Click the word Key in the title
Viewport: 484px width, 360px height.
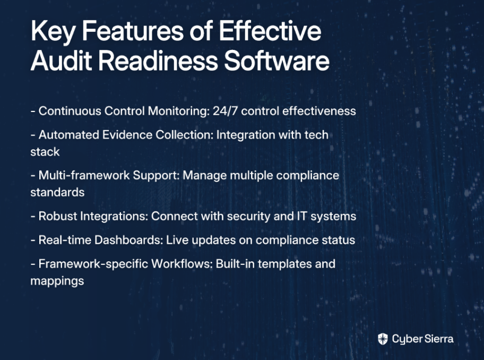pyautogui.click(x=53, y=32)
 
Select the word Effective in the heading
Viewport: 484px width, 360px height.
pyautogui.click(x=270, y=31)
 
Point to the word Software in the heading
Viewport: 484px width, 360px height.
pyautogui.click(x=277, y=61)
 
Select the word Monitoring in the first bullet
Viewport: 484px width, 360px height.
pyautogui.click(x=179, y=111)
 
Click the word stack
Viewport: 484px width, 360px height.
pyautogui.click(x=45, y=152)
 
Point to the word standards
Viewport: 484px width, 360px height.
pyautogui.click(x=57, y=192)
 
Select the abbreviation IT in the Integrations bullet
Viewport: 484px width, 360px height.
pyautogui.click(x=302, y=216)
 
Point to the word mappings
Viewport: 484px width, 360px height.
pyautogui.click(x=57, y=281)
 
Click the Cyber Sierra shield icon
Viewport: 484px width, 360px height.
pyautogui.click(x=383, y=339)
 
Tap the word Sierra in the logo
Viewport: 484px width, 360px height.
pyautogui.click(x=438, y=339)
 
